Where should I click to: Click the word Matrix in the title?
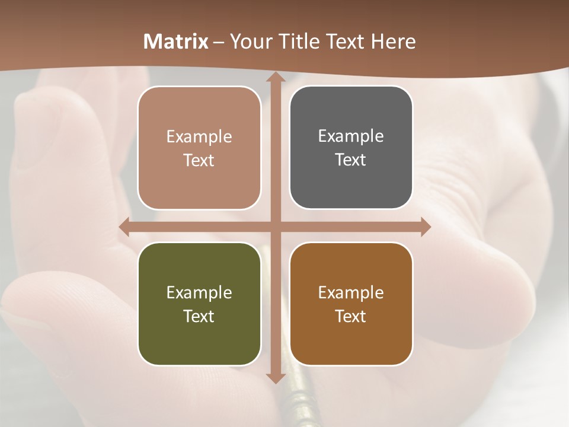point(176,42)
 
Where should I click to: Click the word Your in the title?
point(249,42)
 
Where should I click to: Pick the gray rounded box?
point(351,148)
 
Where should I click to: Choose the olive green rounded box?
point(199,304)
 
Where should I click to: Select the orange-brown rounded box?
point(351,304)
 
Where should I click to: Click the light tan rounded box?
point(199,148)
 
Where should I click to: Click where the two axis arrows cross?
point(275,227)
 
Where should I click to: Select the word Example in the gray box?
point(351,136)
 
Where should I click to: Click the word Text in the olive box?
point(199,316)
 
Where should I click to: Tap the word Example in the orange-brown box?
point(351,292)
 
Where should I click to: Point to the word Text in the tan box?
point(199,160)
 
